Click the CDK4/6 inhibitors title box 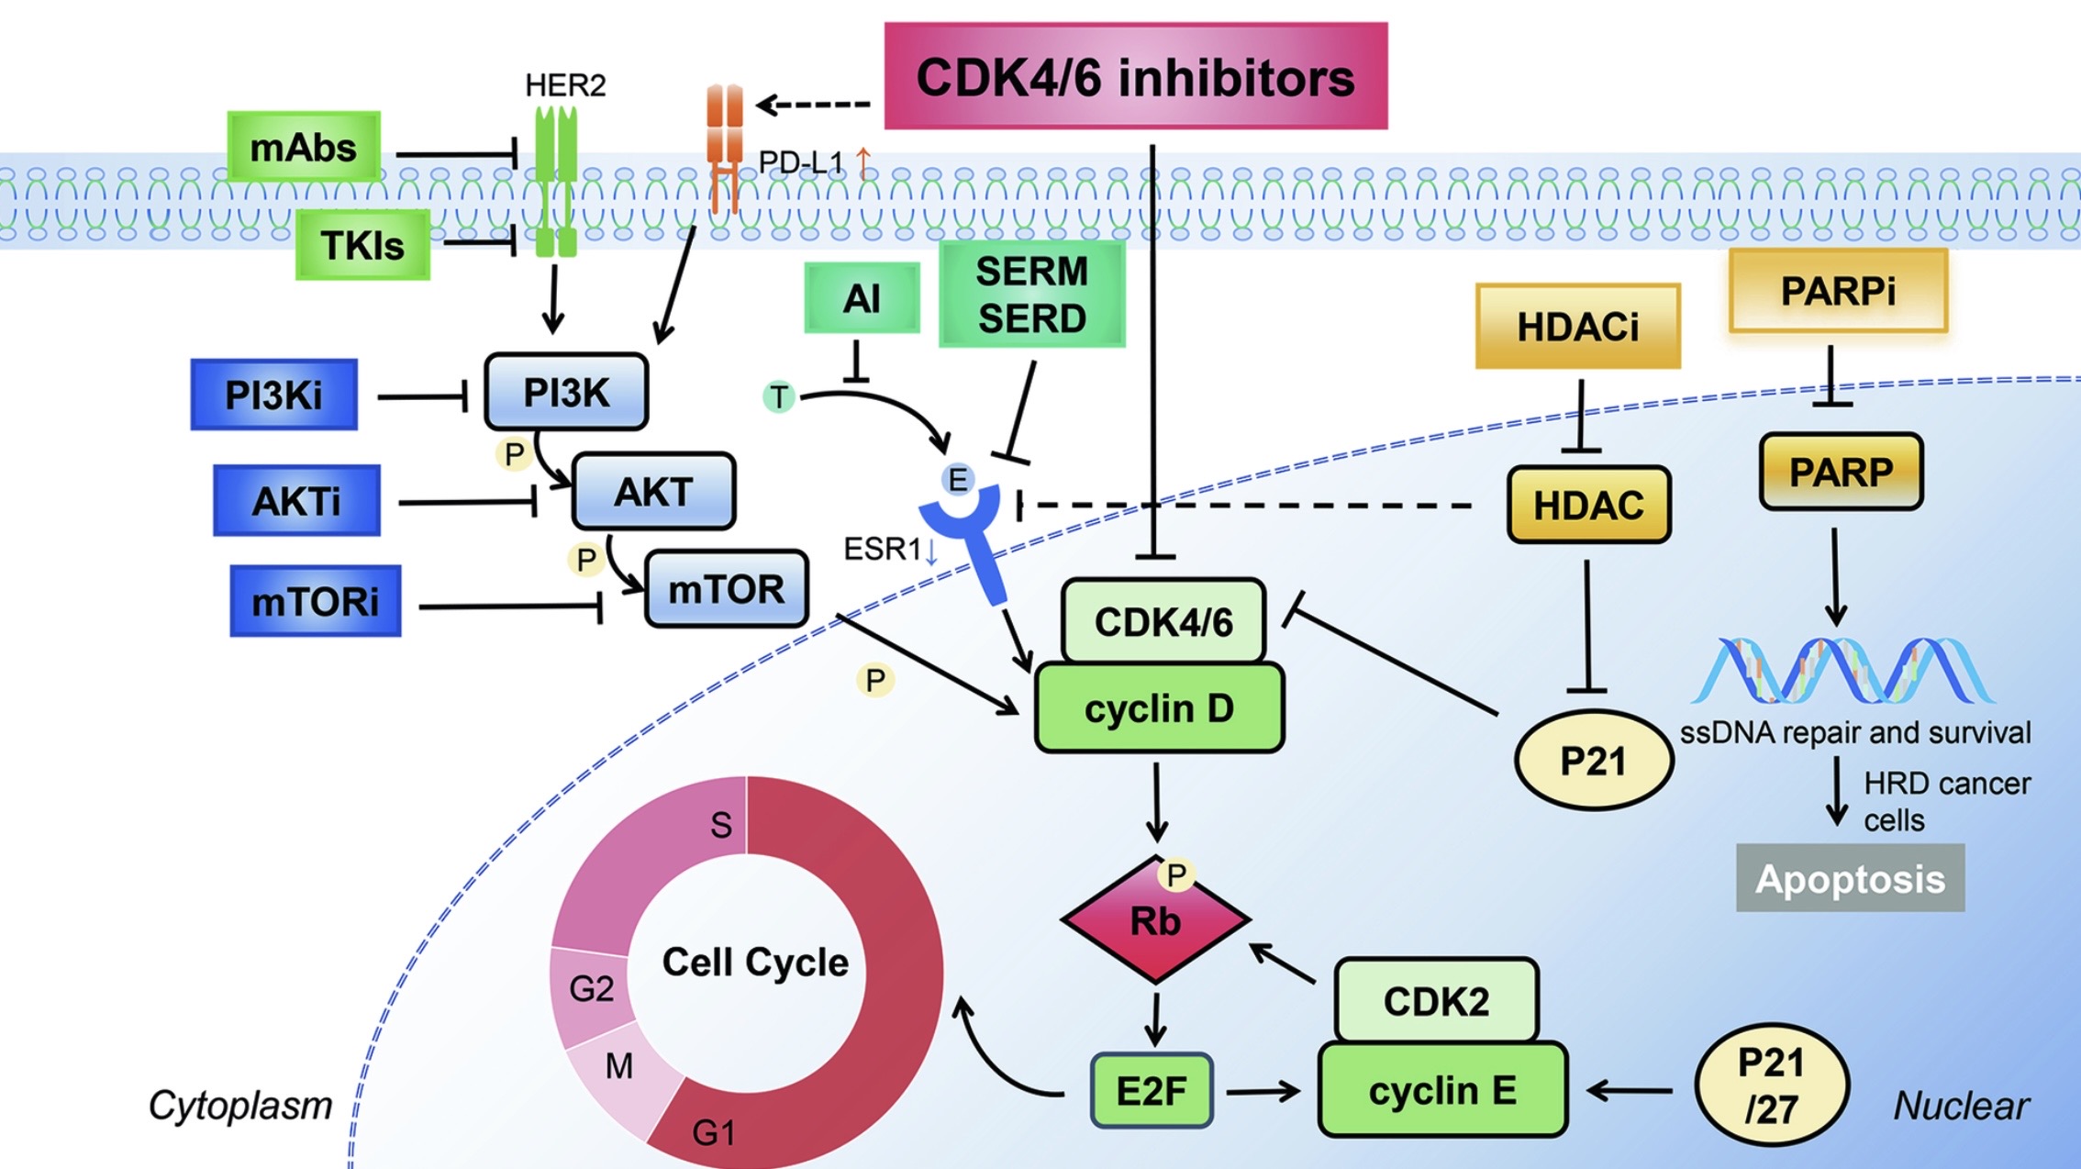coord(1135,76)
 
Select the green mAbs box coord(304,147)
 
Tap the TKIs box coord(362,245)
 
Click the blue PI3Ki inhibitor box coord(273,395)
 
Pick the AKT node coord(653,492)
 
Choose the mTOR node coord(726,589)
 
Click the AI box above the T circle coord(862,298)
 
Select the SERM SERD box coord(1031,295)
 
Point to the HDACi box coord(1577,327)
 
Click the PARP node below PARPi coord(1841,473)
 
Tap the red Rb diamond coord(1154,920)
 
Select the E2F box coord(1152,1091)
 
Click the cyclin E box coord(1441,1090)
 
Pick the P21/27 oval coord(1771,1086)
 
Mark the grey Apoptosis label coord(1850,878)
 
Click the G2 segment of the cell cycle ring coord(590,989)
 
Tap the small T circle coord(779,397)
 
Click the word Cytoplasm coord(240,1106)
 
